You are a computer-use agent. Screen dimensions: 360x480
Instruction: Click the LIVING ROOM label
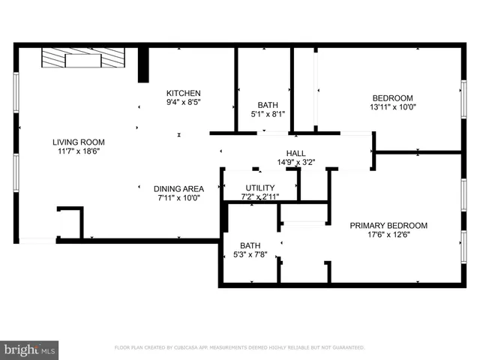78,142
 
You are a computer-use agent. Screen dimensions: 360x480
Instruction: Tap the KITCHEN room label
183,93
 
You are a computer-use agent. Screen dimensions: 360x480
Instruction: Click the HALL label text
295,153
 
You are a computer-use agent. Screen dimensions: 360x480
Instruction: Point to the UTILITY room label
259,187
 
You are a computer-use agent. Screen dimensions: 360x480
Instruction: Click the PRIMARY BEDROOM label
388,225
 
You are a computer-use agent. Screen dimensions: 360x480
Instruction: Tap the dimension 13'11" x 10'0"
393,106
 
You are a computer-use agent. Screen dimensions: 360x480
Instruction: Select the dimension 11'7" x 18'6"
78,151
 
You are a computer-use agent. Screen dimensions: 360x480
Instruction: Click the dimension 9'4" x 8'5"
183,101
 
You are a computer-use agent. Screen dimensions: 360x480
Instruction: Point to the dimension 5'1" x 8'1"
268,114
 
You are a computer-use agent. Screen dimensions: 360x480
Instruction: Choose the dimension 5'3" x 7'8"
250,254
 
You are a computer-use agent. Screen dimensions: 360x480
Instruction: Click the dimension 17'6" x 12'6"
388,234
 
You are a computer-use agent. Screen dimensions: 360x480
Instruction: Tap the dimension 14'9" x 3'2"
295,162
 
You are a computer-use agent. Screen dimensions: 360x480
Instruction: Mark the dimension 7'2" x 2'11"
259,196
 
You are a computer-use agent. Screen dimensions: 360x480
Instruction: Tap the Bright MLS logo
30,349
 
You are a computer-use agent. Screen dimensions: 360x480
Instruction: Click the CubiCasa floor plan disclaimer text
239,348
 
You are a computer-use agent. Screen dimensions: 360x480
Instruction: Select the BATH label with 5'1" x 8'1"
268,105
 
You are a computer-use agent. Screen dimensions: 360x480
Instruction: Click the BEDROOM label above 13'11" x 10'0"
393,97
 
